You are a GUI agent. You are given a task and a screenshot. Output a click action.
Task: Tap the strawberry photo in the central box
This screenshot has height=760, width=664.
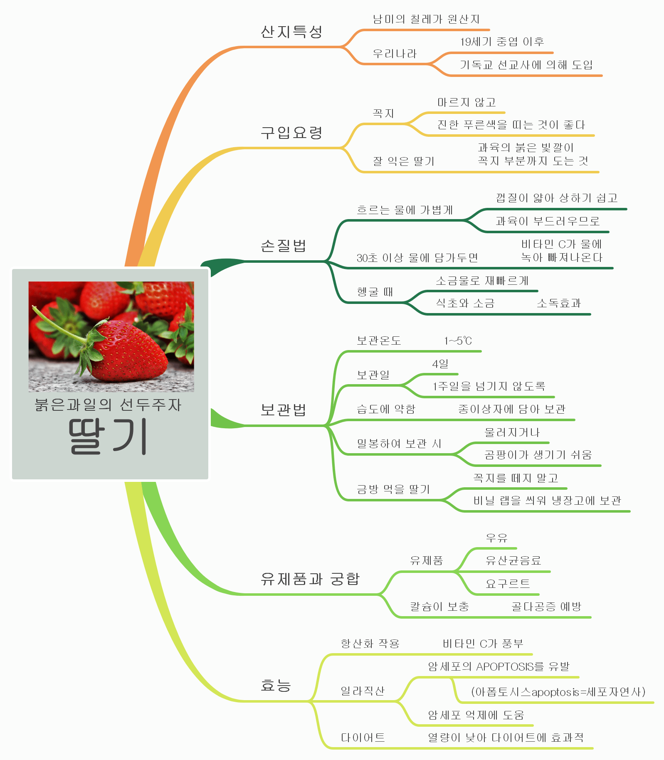[x=111, y=336]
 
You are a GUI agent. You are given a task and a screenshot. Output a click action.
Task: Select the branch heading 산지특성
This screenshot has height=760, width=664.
[x=291, y=32]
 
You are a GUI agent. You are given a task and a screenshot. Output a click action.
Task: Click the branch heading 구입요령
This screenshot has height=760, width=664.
[x=291, y=133]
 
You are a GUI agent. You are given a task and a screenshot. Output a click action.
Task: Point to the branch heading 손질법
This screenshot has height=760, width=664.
[x=284, y=246]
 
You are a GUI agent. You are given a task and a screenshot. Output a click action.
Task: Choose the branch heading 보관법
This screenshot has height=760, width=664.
[x=284, y=410]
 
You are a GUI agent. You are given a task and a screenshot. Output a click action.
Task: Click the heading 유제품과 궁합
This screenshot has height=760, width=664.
[x=310, y=579]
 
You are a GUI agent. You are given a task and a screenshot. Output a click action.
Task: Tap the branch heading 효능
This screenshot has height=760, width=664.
[x=276, y=685]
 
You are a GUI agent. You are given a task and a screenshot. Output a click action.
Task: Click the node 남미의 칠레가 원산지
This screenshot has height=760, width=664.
[x=426, y=19]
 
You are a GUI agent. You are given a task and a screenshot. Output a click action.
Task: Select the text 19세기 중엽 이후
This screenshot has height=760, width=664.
[x=502, y=42]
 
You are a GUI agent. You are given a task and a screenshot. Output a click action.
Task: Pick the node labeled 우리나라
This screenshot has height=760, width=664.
[x=395, y=54]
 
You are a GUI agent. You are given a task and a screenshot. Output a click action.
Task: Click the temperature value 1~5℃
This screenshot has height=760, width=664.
[x=458, y=341]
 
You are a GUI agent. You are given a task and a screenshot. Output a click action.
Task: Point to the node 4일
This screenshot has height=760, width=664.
[x=440, y=364]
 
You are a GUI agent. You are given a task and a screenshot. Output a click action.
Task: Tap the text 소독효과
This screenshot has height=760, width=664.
[x=559, y=303]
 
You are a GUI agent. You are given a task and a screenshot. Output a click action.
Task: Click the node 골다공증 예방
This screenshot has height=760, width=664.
[x=546, y=607]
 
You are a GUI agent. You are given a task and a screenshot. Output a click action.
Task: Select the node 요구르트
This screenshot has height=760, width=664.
[x=508, y=584]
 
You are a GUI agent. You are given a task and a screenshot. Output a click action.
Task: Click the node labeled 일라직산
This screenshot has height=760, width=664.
[x=363, y=691]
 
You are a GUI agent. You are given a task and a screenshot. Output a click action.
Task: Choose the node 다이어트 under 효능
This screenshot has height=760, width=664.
[x=363, y=738]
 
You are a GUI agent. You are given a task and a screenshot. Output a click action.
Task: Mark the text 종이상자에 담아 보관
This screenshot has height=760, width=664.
[x=512, y=409]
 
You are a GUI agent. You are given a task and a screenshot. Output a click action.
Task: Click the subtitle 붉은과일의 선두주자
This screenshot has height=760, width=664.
[x=108, y=405]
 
